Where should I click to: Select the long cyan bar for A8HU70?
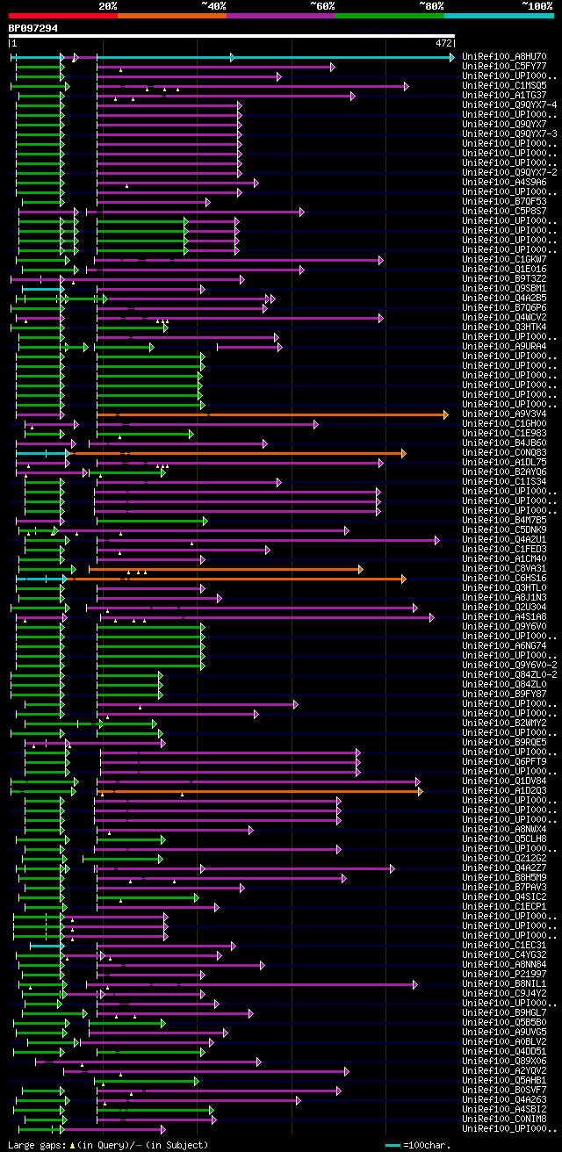(342, 57)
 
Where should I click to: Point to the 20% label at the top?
(107, 5)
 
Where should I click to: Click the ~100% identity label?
(536, 5)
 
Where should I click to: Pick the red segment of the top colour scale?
(62, 16)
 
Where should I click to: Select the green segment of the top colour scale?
(389, 16)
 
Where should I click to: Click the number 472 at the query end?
(443, 42)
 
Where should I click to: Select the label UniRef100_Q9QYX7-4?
(509, 105)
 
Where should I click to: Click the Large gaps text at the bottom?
(35, 1145)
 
